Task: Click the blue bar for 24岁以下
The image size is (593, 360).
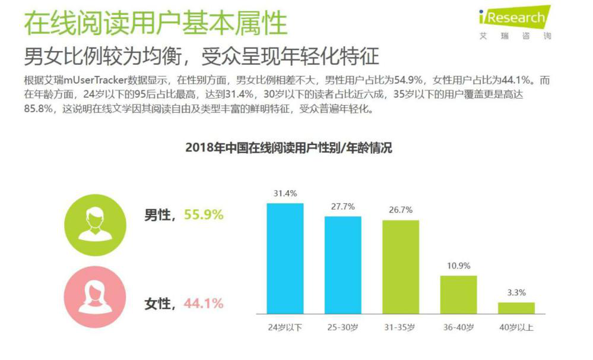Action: coord(285,258)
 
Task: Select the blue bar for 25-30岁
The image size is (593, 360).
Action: coord(343,265)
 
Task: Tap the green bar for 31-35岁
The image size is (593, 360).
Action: coord(400,267)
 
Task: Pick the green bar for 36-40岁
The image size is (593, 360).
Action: coord(458,295)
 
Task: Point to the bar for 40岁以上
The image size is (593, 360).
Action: coord(516,308)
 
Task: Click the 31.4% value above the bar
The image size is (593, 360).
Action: coord(285,194)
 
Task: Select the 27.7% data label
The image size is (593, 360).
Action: coord(343,207)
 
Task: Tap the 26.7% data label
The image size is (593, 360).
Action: coord(400,210)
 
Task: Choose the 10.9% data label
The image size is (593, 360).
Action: coord(458,266)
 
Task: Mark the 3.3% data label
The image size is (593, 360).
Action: coord(516,293)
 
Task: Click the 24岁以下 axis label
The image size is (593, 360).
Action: coord(285,327)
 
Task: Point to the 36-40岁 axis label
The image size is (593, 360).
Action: coord(458,327)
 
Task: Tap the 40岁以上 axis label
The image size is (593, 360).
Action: coord(516,327)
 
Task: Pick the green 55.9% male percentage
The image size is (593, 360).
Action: coord(204,215)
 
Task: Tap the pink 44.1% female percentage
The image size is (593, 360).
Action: coord(204,304)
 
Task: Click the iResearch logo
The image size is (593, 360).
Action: coord(516,23)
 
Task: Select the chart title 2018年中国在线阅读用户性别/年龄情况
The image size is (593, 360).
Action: coord(288,148)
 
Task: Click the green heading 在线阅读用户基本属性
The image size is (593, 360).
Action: coord(156,23)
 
